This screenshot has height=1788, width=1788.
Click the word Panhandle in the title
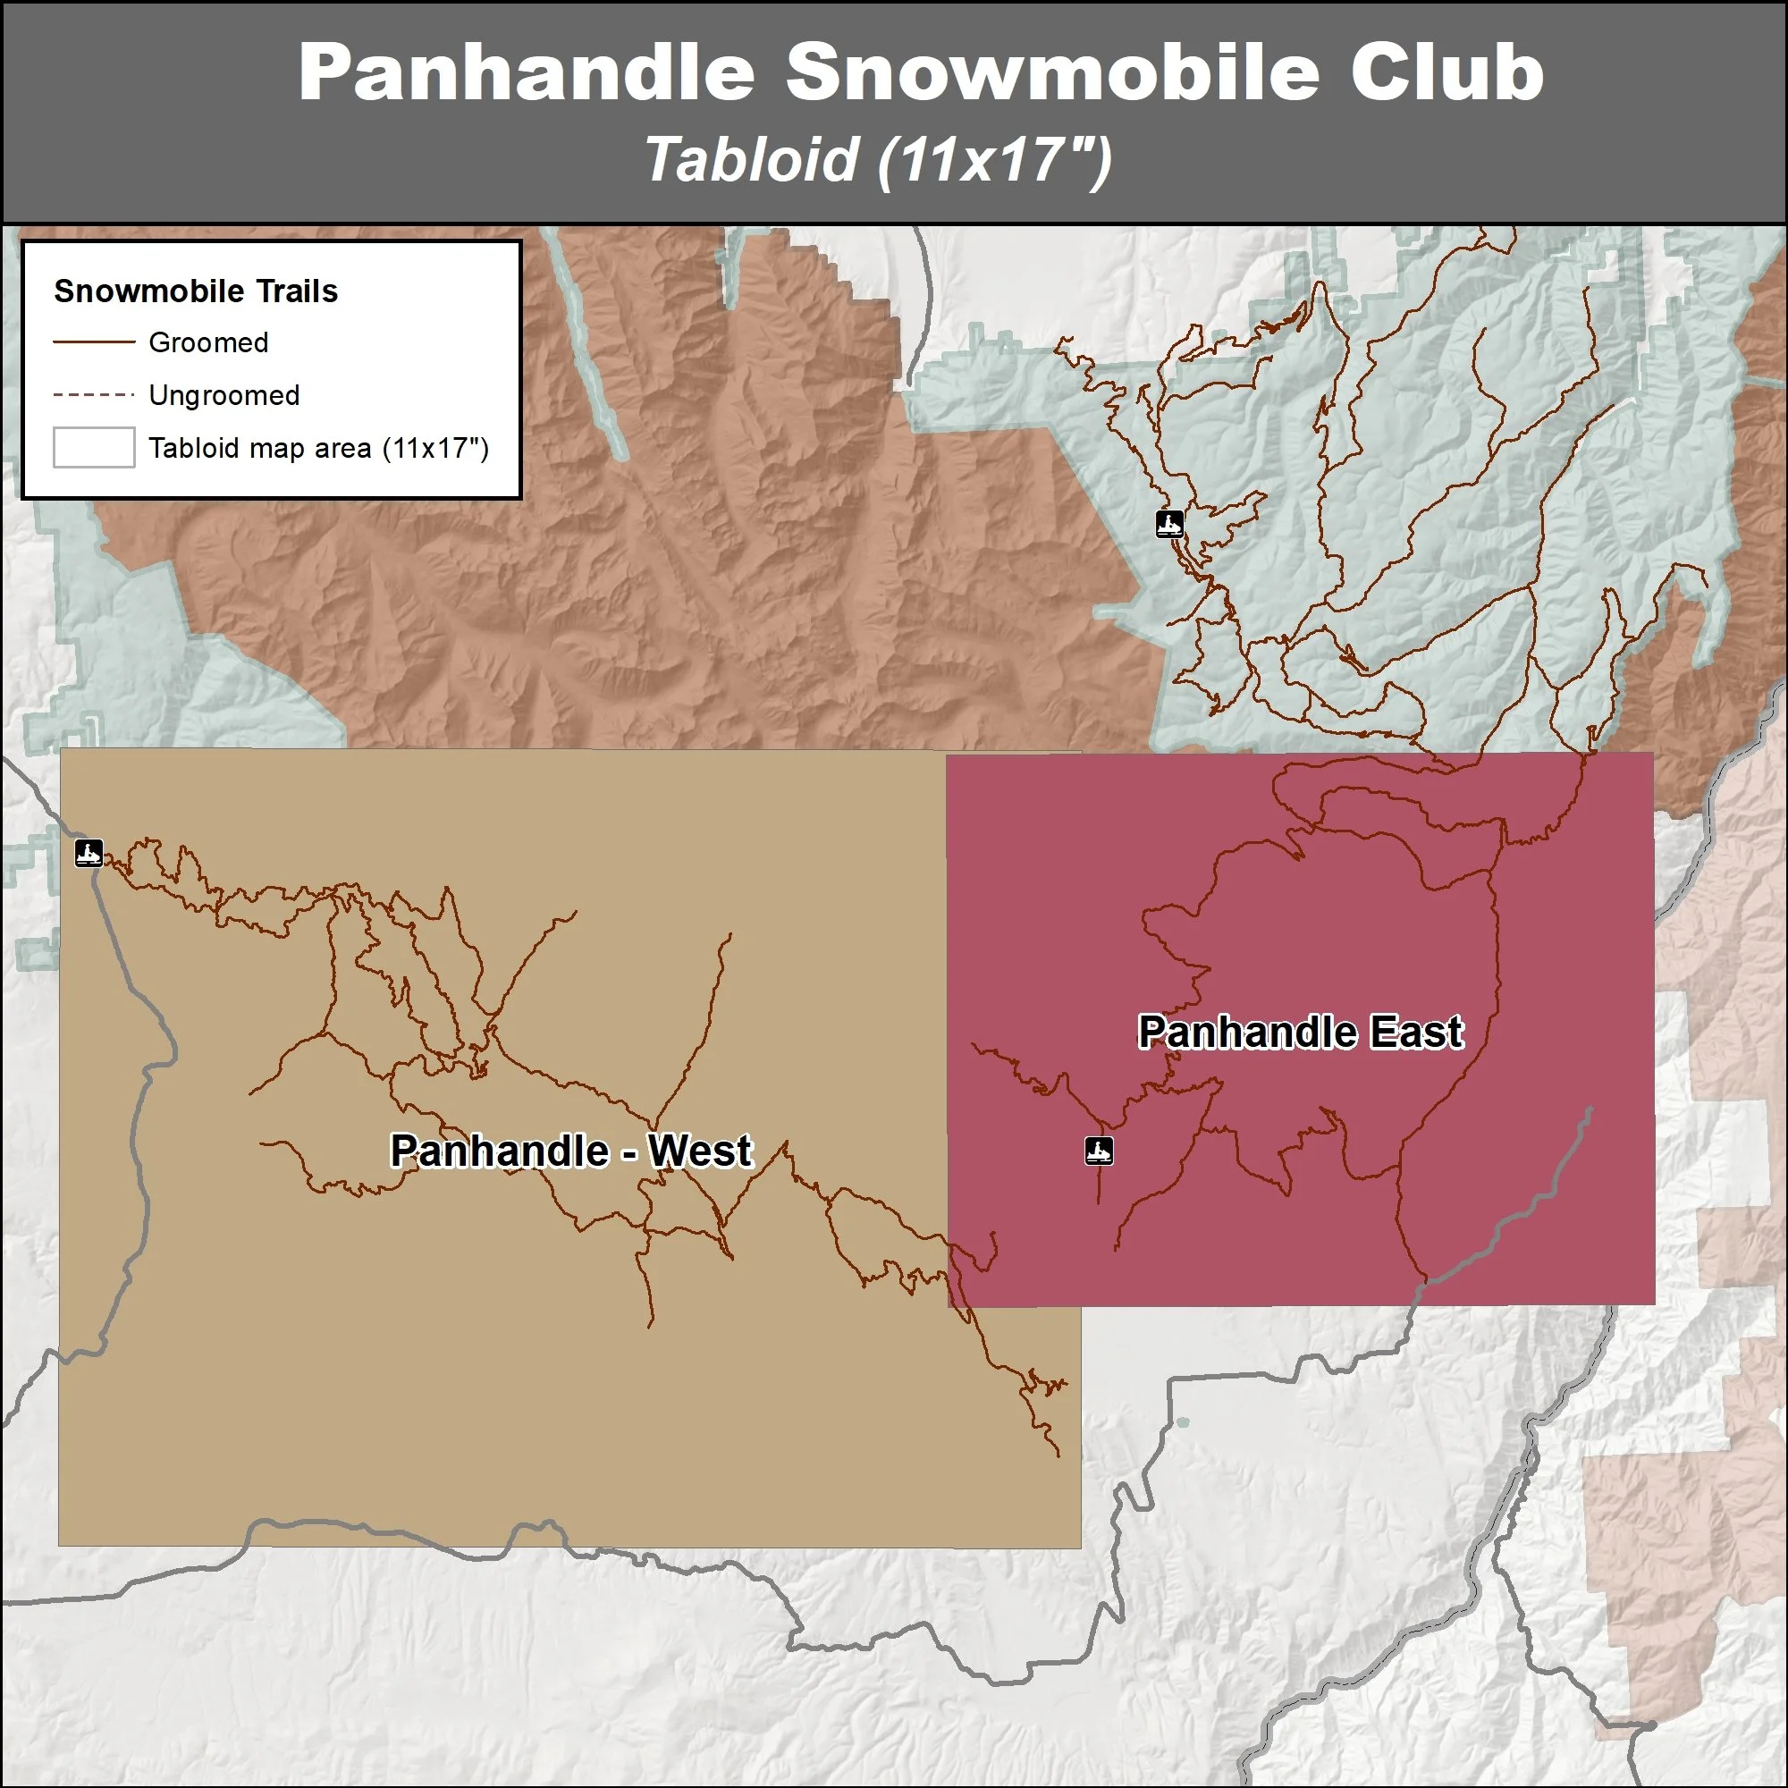point(527,72)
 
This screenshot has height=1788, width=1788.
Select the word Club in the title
point(1446,72)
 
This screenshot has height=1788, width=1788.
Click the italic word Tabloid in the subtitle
point(752,159)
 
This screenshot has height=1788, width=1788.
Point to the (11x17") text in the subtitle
point(995,159)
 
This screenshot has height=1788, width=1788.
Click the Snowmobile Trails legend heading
point(195,291)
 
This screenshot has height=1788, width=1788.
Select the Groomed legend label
point(208,342)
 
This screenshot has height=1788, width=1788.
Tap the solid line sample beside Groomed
point(94,342)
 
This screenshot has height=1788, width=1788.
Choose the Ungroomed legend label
point(224,395)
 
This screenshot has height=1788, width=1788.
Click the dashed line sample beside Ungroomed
point(94,395)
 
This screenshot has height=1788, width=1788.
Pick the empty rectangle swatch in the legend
point(94,448)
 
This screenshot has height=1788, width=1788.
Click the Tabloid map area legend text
point(318,448)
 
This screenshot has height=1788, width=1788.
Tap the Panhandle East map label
point(1300,1032)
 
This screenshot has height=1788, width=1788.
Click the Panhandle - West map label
point(571,1151)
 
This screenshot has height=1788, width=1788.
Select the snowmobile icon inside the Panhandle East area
point(1099,1151)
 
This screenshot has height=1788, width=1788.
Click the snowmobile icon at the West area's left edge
point(89,852)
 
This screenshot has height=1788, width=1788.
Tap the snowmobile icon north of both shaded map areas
point(1169,524)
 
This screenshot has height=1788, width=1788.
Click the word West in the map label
point(700,1151)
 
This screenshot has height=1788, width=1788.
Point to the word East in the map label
point(1417,1032)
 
